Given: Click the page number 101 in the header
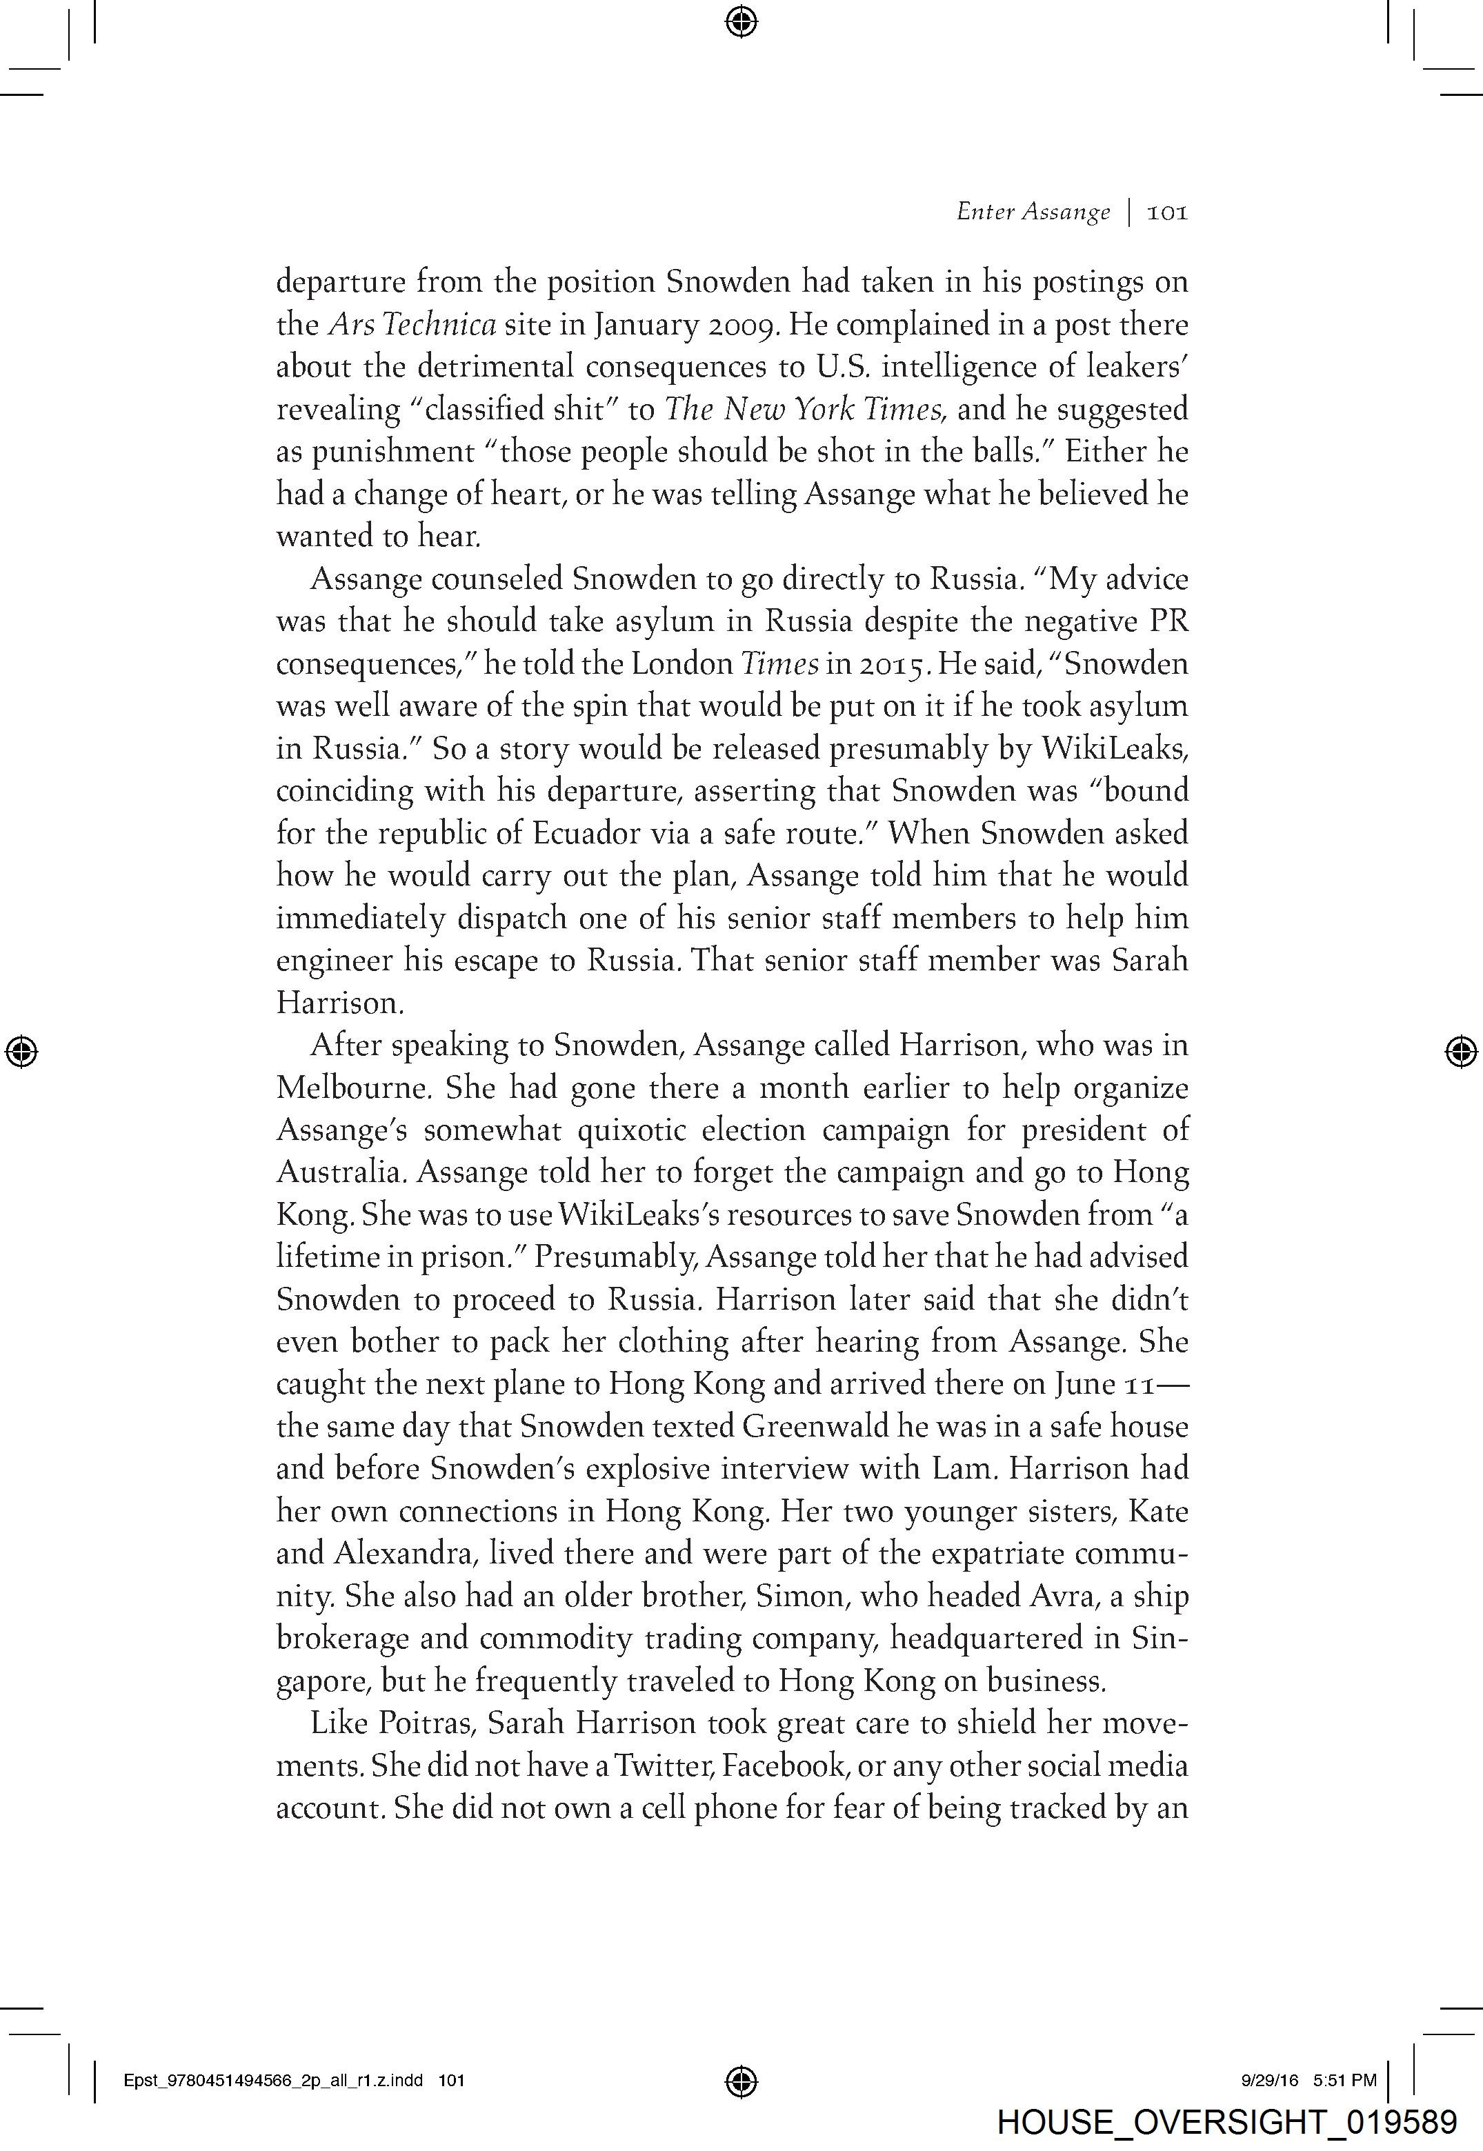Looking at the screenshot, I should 1167,212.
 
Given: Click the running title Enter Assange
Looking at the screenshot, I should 1033,212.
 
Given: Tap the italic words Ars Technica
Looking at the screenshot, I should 412,324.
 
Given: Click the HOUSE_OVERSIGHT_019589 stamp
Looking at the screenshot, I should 1226,2122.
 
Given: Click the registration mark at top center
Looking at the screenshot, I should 741,21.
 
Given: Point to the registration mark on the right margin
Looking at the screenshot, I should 1461,1051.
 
